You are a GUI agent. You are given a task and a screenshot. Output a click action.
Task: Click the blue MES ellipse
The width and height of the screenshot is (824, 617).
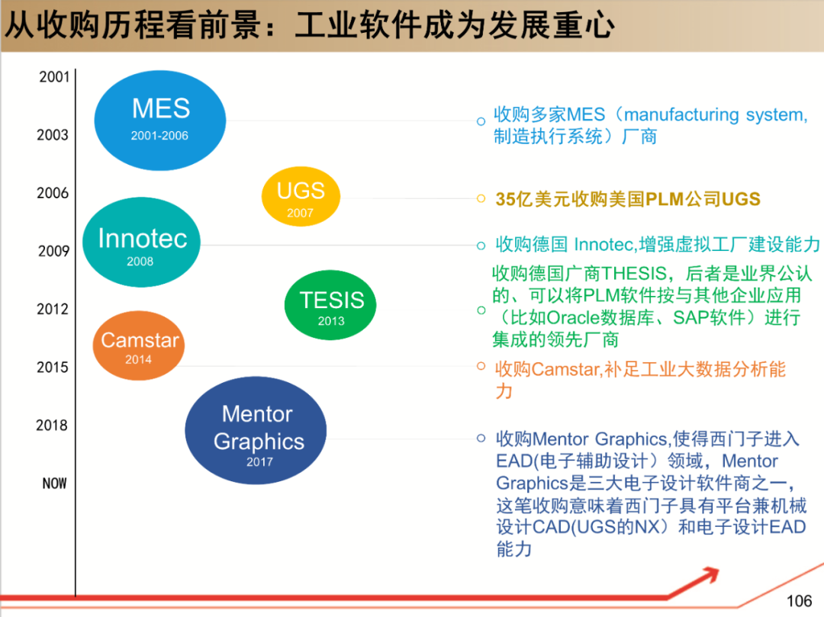[160, 120]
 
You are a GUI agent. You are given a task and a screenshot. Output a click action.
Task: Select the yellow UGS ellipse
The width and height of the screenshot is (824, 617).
[301, 196]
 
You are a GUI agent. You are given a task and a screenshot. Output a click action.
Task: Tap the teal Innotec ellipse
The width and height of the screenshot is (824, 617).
[141, 243]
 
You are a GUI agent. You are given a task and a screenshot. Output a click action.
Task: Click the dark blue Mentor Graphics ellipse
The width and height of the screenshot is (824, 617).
[256, 431]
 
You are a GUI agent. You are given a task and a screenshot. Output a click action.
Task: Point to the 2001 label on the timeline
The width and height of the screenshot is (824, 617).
[54, 76]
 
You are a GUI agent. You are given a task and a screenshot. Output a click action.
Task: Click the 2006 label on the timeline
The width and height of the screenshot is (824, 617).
[53, 193]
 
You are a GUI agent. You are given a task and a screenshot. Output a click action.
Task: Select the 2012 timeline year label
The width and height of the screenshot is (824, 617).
[53, 309]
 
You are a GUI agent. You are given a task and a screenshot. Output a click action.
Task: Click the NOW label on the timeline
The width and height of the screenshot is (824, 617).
[54, 483]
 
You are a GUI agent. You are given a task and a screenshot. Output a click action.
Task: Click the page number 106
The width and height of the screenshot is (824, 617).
[799, 600]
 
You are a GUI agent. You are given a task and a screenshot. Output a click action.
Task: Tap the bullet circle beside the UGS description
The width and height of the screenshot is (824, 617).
[481, 199]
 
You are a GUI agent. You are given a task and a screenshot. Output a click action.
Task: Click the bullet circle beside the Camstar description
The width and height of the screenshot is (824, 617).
[481, 367]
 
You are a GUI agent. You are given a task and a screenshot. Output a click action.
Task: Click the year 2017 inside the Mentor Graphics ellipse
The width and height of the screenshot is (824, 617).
[259, 461]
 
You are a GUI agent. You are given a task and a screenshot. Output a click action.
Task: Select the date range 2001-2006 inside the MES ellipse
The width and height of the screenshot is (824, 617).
[159, 136]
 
